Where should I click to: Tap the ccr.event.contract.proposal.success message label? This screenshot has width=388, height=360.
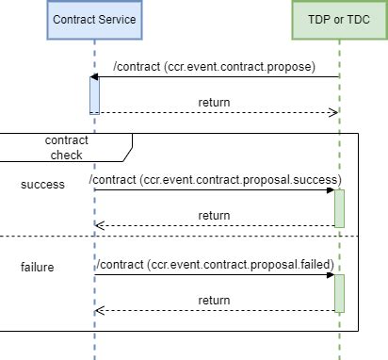[x=215, y=179]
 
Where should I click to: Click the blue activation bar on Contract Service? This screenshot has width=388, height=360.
[x=94, y=95]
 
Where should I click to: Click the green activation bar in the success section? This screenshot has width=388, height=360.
[x=339, y=207]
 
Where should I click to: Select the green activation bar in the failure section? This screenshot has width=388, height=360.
[x=339, y=292]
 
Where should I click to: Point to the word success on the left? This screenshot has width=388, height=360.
[x=42, y=185]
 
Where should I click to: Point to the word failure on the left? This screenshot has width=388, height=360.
[x=38, y=267]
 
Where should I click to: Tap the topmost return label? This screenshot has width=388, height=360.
[x=214, y=102]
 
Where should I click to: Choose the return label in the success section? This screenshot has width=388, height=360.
[x=214, y=216]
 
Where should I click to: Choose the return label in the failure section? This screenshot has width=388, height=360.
[x=214, y=301]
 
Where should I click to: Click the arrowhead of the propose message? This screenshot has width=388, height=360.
[x=94, y=77]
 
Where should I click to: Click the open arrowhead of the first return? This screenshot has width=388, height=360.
[x=332, y=113]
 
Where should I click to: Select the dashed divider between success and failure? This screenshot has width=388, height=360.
[x=188, y=236]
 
